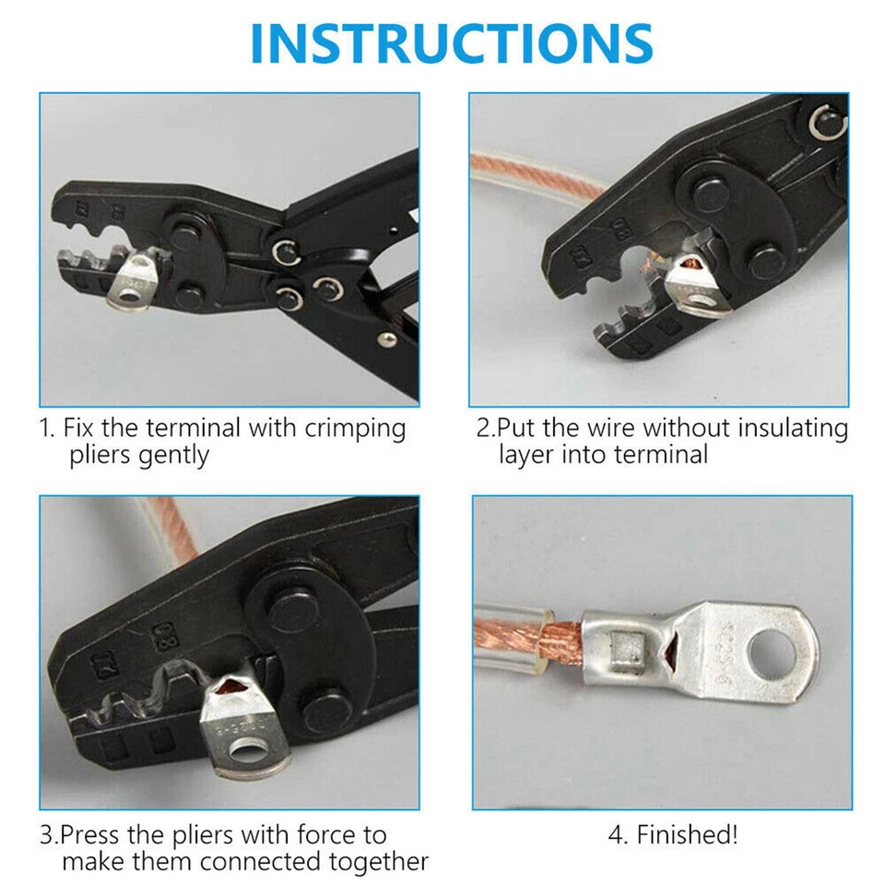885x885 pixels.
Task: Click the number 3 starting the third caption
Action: (x=46, y=835)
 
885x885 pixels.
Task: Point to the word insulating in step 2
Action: (x=789, y=428)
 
